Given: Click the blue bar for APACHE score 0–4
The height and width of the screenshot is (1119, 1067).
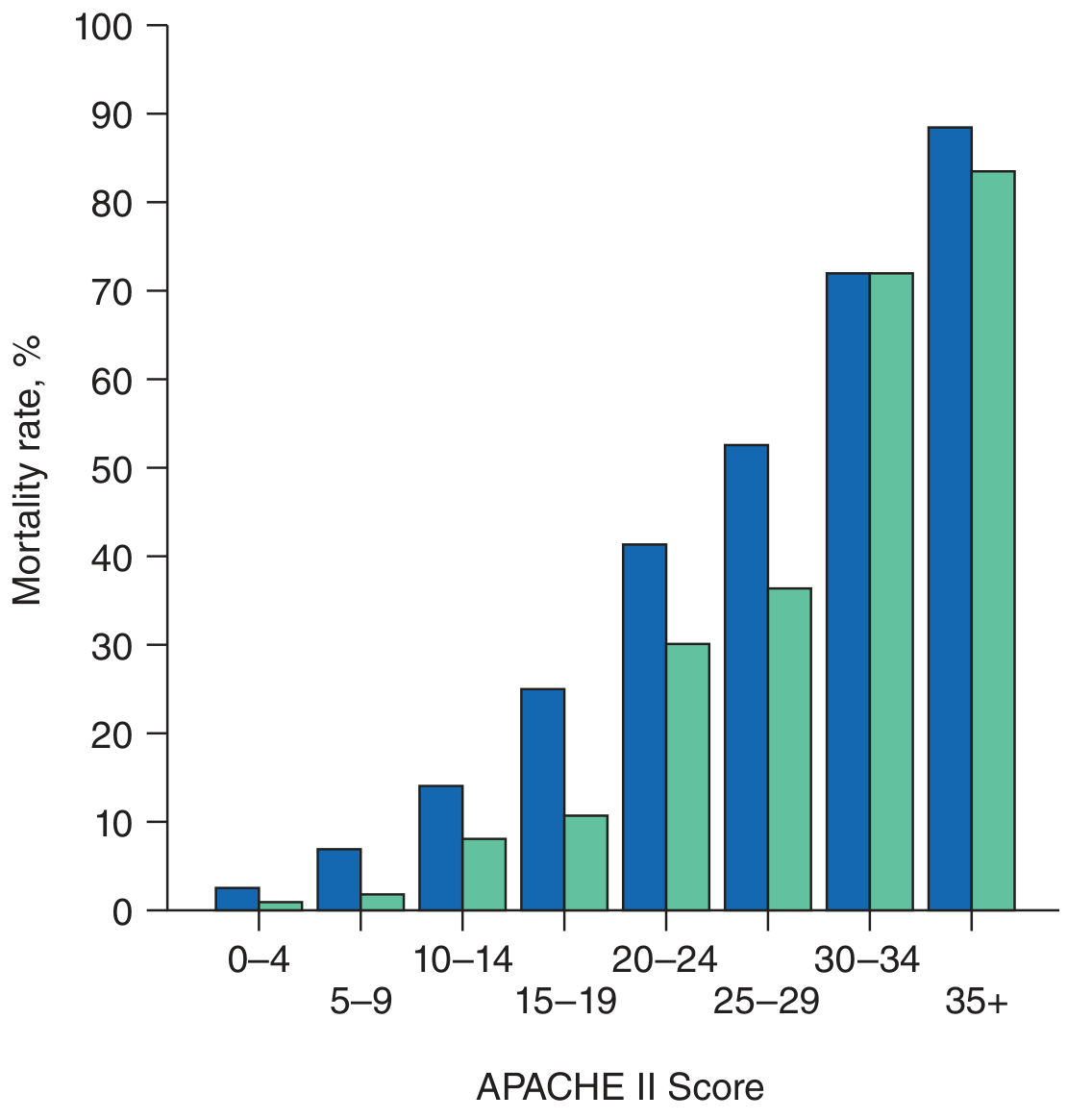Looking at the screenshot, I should [237, 899].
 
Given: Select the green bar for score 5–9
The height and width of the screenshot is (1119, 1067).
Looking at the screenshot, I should [383, 902].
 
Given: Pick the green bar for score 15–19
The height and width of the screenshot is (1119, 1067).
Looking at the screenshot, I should [585, 862].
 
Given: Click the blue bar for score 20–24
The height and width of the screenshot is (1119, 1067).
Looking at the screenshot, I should [644, 727].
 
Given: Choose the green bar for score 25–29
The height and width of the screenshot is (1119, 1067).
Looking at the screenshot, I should [789, 749].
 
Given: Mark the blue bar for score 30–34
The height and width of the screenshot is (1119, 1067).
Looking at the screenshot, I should [848, 591].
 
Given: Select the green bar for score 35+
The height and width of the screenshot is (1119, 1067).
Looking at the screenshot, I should [993, 540].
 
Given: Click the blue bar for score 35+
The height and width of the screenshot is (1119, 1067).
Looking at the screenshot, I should [950, 518].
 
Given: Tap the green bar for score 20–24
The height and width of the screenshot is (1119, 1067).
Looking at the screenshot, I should [687, 777].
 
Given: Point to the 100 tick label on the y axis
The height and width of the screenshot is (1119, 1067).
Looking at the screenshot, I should [104, 26].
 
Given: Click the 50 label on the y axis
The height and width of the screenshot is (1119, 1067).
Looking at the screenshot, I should [112, 469].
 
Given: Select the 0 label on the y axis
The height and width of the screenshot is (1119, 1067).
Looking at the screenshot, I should [122, 911].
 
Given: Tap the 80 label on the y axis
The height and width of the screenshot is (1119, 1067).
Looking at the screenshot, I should [112, 204].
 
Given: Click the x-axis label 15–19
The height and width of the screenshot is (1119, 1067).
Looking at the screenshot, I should [565, 1003].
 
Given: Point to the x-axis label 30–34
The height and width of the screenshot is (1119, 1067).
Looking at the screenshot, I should [867, 959].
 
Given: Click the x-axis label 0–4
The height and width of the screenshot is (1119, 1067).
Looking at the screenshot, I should [259, 959].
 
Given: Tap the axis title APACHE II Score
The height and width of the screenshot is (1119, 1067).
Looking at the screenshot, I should [620, 1087].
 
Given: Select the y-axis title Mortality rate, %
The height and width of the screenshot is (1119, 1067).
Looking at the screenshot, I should [28, 469].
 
